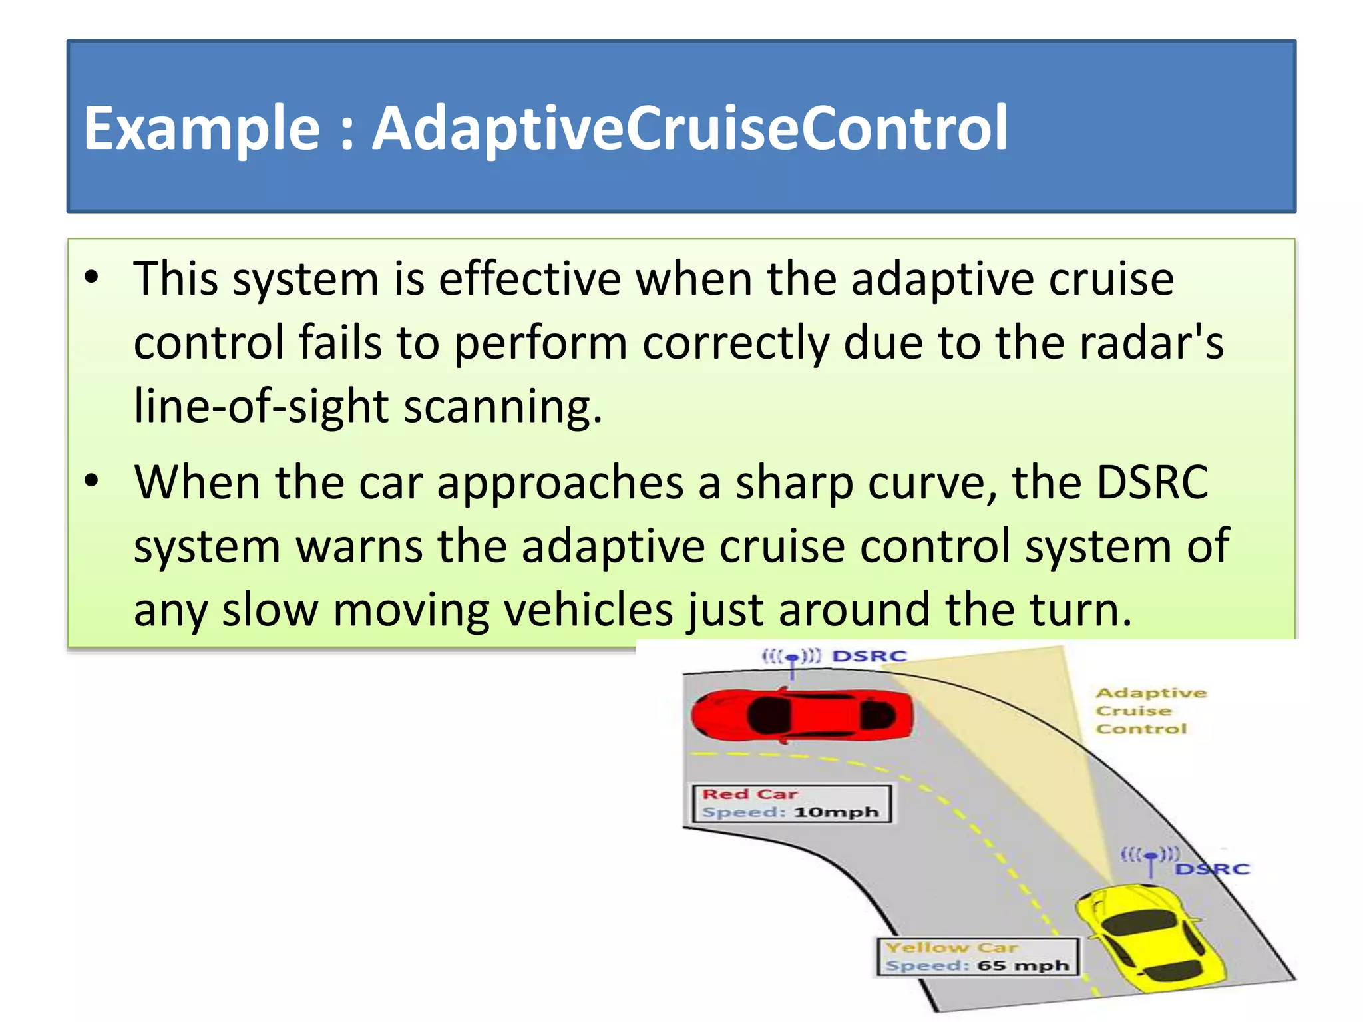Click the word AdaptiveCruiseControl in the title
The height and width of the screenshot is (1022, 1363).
point(689,128)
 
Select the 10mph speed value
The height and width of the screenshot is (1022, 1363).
point(836,812)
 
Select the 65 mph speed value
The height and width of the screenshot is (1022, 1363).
point(1023,965)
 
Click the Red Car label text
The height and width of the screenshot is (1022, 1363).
point(750,794)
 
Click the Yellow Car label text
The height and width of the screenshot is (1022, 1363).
point(952,947)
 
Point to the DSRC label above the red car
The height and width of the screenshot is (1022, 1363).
point(870,657)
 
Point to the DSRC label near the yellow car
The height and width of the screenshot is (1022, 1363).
point(1213,869)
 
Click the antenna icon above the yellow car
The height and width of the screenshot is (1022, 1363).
point(1151,858)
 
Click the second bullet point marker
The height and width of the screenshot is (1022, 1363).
point(92,480)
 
